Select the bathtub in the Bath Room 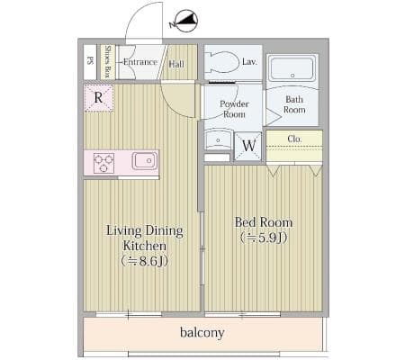292,68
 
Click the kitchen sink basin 145,160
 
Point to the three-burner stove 103,163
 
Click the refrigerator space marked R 99,98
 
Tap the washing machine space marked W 248,146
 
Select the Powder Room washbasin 218,139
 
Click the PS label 90,60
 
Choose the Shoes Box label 108,61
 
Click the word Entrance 140,62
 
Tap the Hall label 176,64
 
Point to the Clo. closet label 294,139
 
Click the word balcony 202,333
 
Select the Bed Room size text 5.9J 264,238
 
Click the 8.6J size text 144,261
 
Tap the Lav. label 249,62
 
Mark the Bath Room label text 294,104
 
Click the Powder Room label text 234,109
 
